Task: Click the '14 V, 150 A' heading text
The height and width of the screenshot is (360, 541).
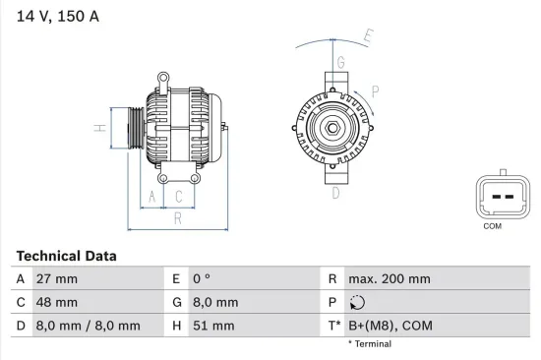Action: click(x=57, y=17)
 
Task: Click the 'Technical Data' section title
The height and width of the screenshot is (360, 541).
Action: click(x=66, y=256)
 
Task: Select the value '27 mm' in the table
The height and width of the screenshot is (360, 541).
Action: click(x=55, y=279)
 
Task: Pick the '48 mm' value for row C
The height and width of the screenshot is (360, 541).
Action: click(x=56, y=302)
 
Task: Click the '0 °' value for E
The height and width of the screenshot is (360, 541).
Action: click(x=202, y=279)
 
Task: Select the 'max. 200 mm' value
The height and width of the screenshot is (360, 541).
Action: click(x=391, y=279)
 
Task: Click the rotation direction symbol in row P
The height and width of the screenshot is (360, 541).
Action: click(x=357, y=303)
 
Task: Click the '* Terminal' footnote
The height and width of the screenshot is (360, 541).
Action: click(x=369, y=344)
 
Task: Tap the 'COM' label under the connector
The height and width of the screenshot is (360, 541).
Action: click(x=493, y=226)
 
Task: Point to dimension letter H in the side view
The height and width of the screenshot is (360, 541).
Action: click(x=98, y=128)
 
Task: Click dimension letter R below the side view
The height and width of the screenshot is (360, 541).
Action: click(x=177, y=218)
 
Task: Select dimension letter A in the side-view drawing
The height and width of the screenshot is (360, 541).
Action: click(x=151, y=197)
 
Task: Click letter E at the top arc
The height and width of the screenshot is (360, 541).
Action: click(x=369, y=37)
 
